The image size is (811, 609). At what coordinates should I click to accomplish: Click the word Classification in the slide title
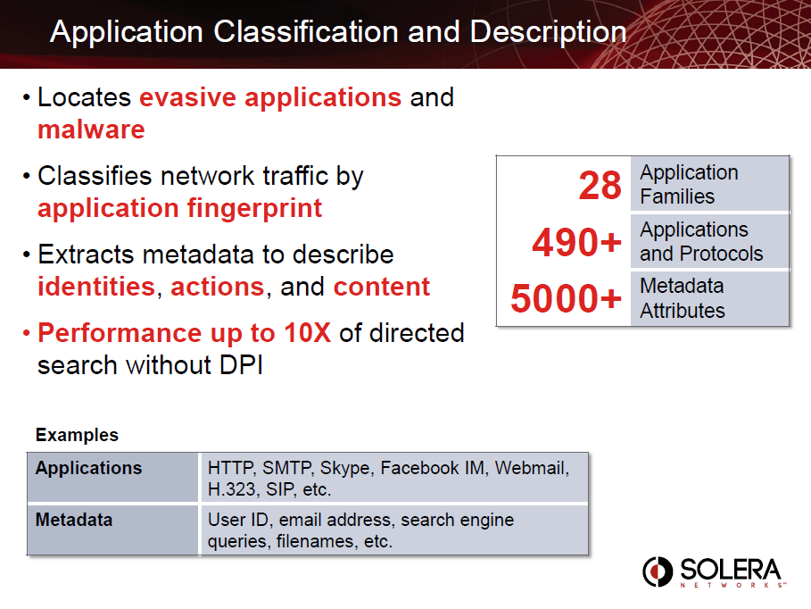(x=306, y=32)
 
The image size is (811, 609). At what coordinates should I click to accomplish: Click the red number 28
(x=600, y=186)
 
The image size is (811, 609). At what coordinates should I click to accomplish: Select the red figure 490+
(x=576, y=242)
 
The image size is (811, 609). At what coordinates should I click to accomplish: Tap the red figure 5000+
(x=566, y=298)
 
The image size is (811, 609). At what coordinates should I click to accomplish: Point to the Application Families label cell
(x=710, y=184)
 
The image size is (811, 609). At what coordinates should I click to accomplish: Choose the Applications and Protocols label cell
(x=710, y=241)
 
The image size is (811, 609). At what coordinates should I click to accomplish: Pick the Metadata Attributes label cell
(x=710, y=298)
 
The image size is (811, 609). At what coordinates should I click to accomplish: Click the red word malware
(x=92, y=129)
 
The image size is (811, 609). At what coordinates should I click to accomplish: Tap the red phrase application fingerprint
(x=180, y=209)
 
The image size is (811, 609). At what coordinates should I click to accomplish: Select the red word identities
(x=96, y=287)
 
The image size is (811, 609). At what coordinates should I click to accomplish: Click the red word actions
(x=217, y=287)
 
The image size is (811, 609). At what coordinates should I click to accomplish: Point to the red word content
(x=382, y=287)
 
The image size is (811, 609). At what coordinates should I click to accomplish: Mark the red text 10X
(x=307, y=332)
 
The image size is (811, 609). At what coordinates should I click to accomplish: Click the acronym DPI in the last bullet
(x=242, y=365)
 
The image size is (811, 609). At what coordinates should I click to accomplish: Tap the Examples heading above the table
(x=77, y=435)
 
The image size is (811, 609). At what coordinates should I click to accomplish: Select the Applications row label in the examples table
(x=88, y=468)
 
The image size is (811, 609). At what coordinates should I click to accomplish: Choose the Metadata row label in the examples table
(x=74, y=520)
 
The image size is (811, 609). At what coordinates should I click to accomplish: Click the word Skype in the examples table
(x=345, y=468)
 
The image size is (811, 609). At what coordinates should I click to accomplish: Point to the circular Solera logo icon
(x=658, y=571)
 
